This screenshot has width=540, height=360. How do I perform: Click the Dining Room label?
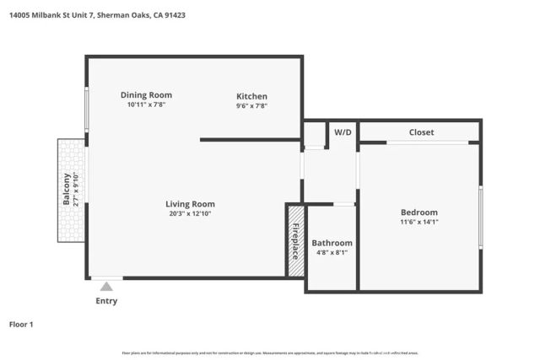point(146,95)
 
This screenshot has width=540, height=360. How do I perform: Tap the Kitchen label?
point(251,96)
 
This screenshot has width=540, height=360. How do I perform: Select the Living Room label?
point(190,204)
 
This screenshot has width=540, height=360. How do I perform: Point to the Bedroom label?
point(418,212)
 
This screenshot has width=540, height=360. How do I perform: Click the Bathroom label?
point(332,243)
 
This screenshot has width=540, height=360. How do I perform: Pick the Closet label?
point(421,132)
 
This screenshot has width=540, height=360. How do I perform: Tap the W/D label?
point(343,132)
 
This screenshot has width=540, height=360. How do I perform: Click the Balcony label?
point(67,189)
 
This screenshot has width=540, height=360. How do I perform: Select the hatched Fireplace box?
point(295,240)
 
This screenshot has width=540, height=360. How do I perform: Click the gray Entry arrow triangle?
point(106,287)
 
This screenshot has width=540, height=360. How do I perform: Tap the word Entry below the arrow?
point(106,301)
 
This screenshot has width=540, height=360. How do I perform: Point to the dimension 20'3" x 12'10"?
point(190,214)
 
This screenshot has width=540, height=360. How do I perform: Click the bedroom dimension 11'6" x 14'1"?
point(418,222)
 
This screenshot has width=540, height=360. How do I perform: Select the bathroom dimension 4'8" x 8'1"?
point(332,253)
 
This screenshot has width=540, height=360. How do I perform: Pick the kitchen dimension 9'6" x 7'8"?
point(251,106)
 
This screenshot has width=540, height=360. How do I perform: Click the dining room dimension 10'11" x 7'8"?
point(146,105)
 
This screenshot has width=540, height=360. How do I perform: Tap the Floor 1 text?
point(22,324)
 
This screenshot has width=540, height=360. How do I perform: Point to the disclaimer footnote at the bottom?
point(270,353)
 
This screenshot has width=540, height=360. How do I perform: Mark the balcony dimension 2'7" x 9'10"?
point(76,189)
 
